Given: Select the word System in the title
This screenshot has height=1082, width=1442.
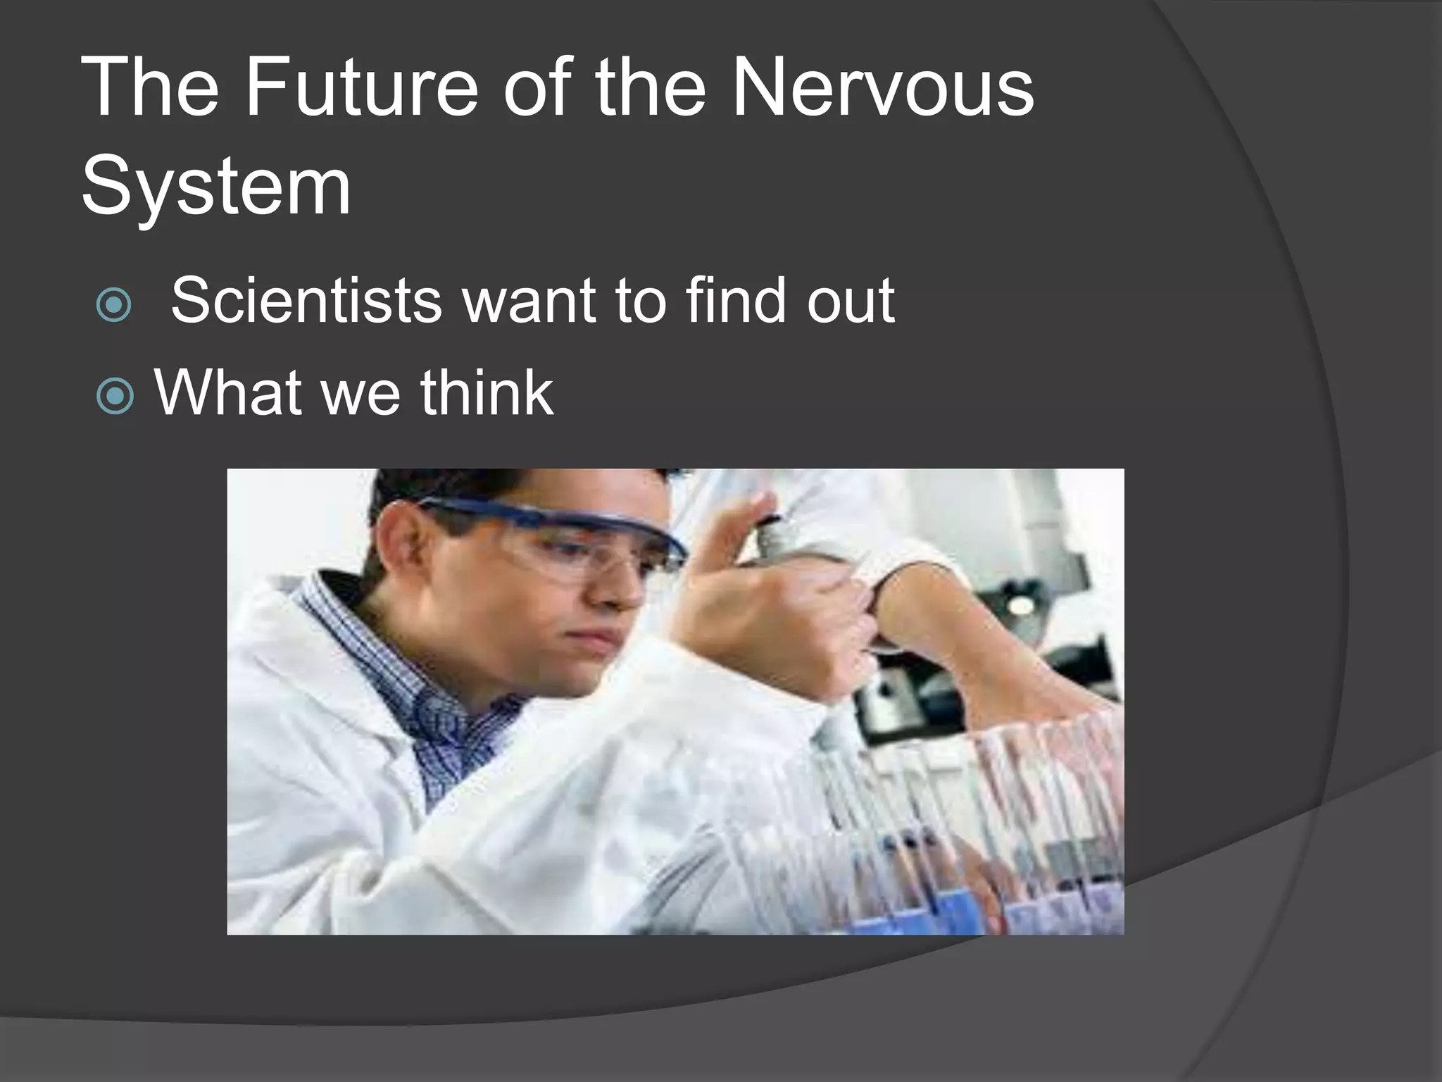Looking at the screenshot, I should pos(215,187).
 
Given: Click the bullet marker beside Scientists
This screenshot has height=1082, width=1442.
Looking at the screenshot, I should pos(114,305).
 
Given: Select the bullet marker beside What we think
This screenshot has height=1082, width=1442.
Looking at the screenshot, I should pos(114,396).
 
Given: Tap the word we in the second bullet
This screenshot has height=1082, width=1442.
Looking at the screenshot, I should pos(363,392).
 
